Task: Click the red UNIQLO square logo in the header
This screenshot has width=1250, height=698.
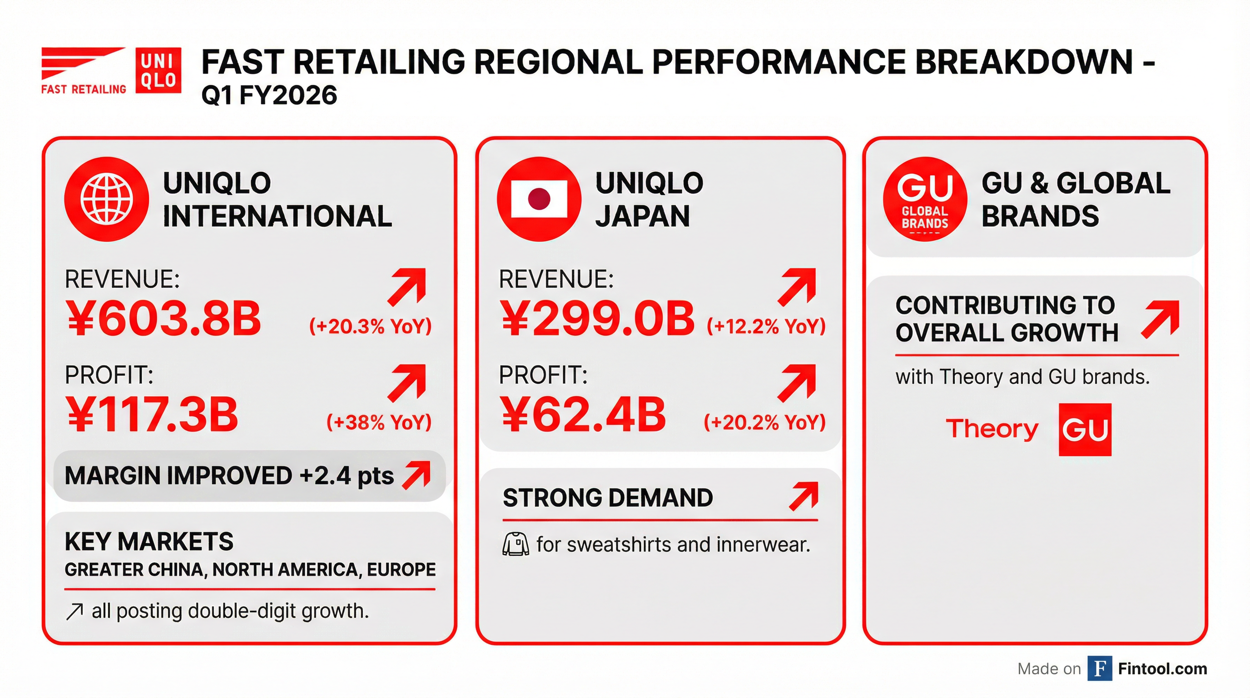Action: [x=158, y=70]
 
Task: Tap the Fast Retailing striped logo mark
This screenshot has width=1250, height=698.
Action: [x=83, y=63]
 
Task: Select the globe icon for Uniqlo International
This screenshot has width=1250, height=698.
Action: [x=106, y=199]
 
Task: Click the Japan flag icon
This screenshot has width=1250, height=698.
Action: [x=539, y=199]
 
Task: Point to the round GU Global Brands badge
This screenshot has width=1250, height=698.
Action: [x=924, y=199]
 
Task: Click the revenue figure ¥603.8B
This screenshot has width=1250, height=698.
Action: [x=164, y=319]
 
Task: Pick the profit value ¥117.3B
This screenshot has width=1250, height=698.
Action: [x=152, y=414]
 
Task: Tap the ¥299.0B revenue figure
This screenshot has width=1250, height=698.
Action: [x=597, y=319]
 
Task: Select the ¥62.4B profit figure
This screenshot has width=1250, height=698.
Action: [x=583, y=414]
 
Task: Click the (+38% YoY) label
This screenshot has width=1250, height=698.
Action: [x=379, y=422]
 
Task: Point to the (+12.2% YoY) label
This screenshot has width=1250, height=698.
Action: [x=766, y=326]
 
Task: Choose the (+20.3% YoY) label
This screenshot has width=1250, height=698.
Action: [x=370, y=326]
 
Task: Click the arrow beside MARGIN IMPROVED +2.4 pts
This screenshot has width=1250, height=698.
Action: [x=417, y=475]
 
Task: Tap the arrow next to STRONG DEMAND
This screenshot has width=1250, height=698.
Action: [x=804, y=496]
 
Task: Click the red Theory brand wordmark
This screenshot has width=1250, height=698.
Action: [x=992, y=429]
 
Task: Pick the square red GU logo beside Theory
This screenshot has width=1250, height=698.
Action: [x=1085, y=429]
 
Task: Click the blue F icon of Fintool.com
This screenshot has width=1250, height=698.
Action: [x=1100, y=668]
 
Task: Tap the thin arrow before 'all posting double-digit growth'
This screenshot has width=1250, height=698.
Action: [x=74, y=612]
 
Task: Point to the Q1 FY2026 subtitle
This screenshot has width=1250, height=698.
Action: [x=269, y=95]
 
